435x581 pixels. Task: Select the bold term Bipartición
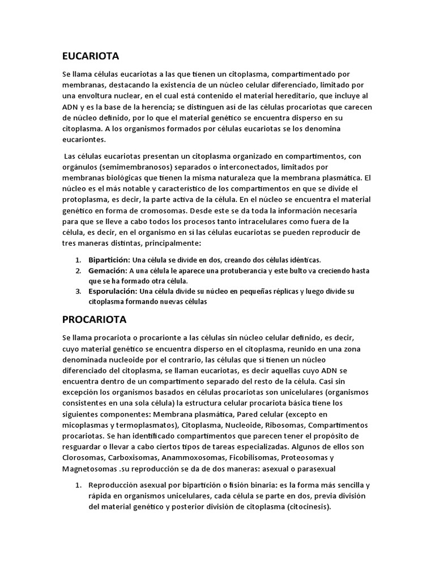point(108,259)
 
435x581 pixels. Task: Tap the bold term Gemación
point(107,270)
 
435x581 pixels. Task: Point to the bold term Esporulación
point(112,292)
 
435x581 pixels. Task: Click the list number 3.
point(78,292)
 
